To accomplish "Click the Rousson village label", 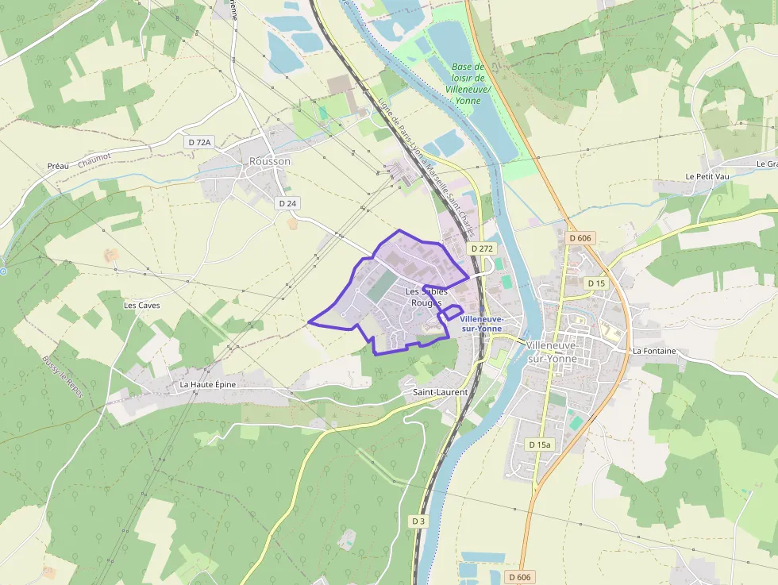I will pos(270,161).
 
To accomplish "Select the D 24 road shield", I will pos(288,203).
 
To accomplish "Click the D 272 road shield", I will pos(481,248).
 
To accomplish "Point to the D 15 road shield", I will pos(596,283).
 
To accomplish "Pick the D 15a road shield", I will pos(539,445).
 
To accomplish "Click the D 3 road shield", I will pos(418,521).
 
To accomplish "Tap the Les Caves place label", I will pos(141,305).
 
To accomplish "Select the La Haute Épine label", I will pos(208,384).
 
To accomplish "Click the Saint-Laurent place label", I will pos(441,392).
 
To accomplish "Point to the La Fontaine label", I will pos(654,351).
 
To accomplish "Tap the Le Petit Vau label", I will pos(707,176).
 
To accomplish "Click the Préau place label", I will pos(58,166).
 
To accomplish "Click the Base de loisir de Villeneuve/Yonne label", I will pos(468,84).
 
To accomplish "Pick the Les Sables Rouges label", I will pos(426,298).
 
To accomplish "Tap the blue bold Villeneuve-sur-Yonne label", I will pos(481,323).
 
